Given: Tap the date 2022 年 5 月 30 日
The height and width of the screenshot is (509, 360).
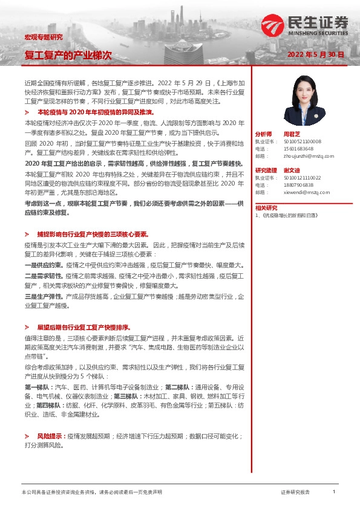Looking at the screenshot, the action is point(316,54).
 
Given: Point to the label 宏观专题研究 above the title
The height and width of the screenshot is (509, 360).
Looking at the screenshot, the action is point(43,37).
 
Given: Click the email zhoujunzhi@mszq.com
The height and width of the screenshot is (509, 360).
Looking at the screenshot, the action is point(309,155).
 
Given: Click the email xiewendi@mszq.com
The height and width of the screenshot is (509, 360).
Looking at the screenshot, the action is point(306,192).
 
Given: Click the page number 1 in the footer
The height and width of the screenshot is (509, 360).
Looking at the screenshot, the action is point(334,492).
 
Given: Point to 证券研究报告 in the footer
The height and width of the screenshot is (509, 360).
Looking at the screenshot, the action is point(296,493).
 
